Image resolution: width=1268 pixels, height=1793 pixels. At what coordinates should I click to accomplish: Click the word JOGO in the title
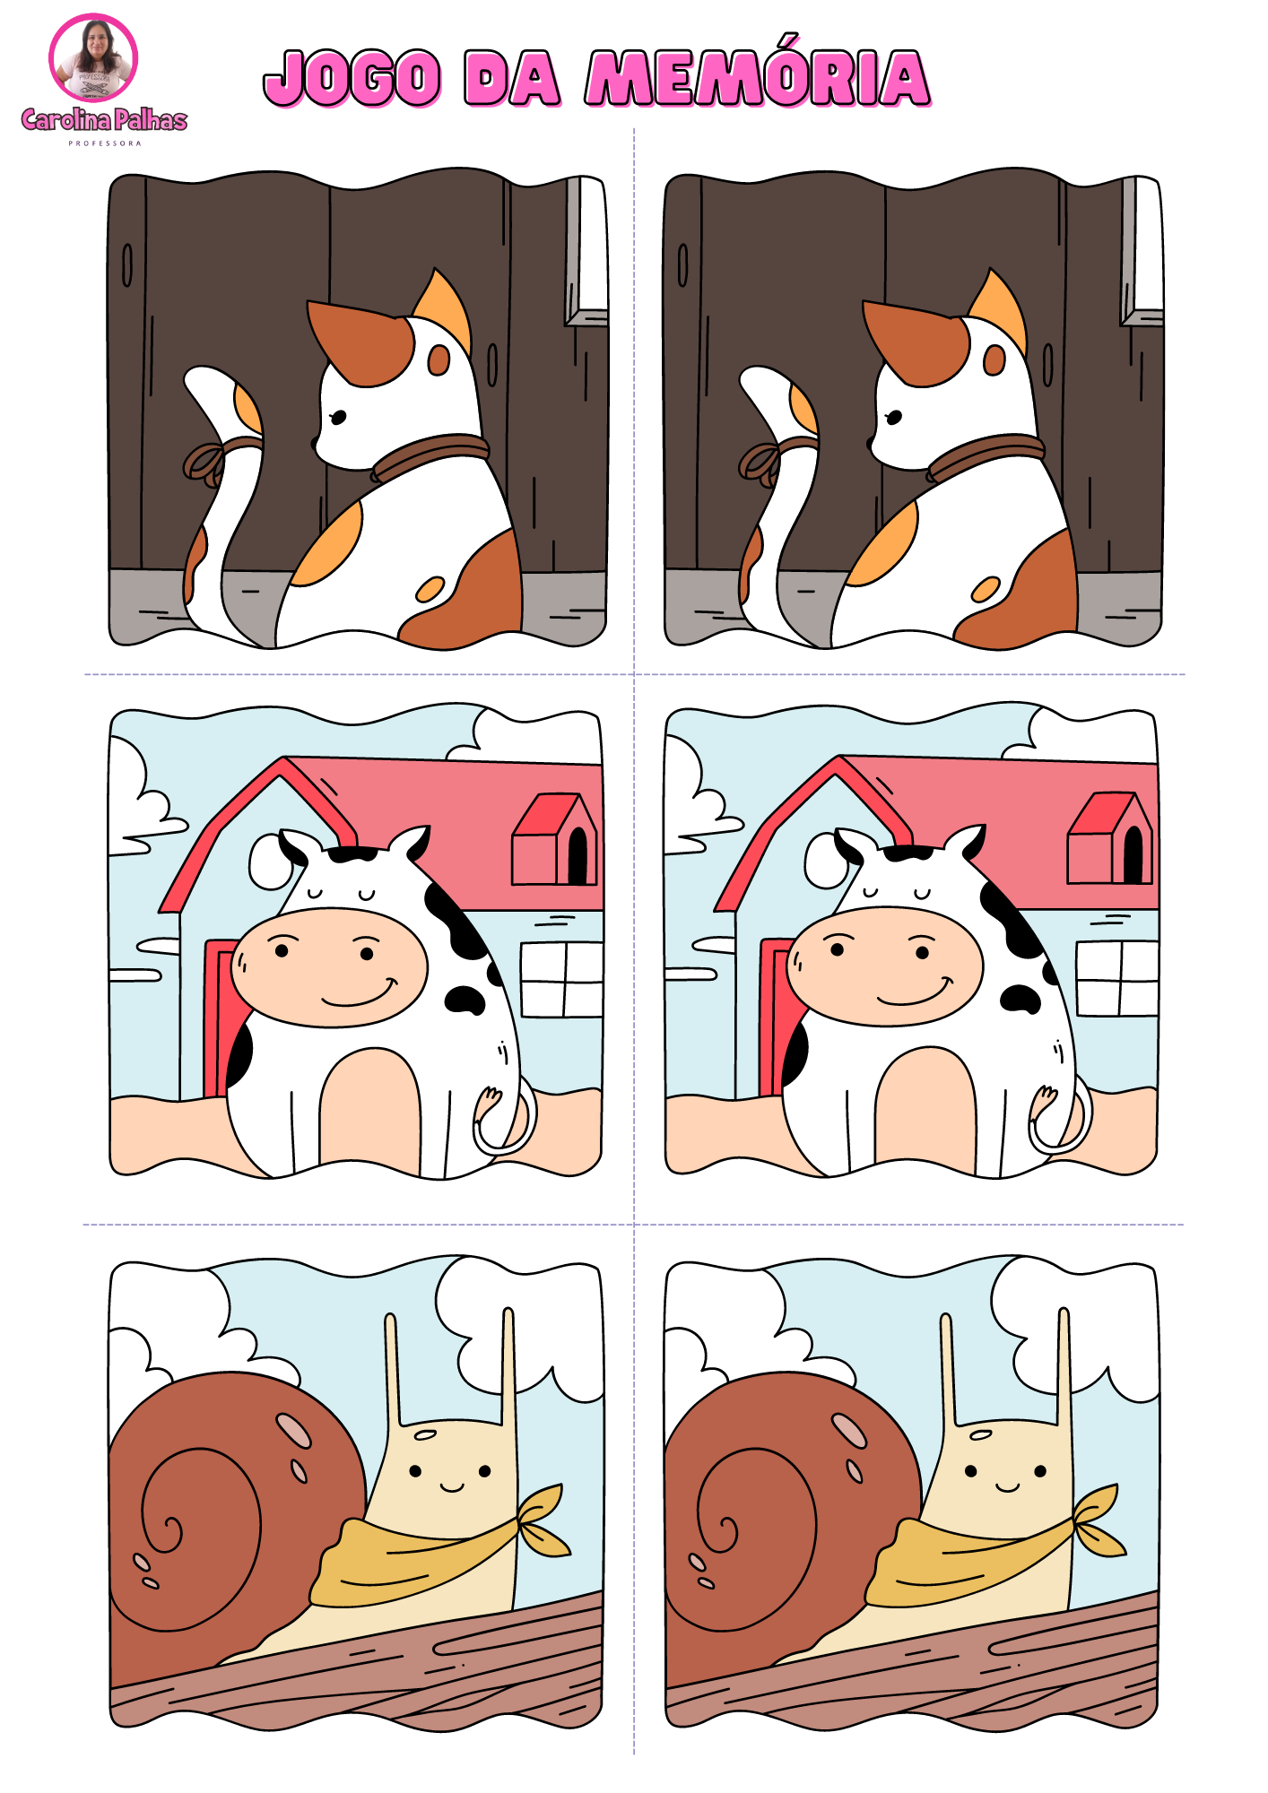point(352,78)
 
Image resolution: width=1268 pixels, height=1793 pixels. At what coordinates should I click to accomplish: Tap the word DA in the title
point(512,78)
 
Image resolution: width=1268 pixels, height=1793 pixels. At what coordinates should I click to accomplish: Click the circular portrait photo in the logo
point(93,58)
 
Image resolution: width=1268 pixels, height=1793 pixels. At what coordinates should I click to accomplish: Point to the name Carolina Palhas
point(104,120)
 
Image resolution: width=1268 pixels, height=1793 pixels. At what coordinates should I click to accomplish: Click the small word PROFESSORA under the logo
point(105,143)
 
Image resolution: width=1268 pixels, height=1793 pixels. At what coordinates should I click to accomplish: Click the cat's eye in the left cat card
point(338,417)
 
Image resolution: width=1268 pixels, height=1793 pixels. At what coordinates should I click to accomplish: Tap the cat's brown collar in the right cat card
point(986,455)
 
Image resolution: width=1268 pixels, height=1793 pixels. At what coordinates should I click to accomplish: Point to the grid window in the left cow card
point(562,979)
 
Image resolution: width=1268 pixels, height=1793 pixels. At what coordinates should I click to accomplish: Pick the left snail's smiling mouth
point(452,1487)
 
